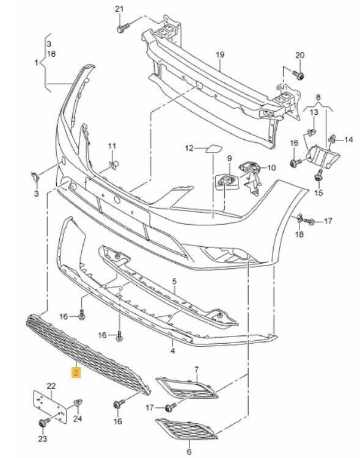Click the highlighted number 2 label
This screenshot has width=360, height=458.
76,373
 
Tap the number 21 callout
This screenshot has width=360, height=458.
119,9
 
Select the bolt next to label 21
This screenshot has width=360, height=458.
123,28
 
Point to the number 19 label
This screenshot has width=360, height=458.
220,54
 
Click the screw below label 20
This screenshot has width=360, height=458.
299,76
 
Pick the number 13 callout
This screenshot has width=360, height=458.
314,112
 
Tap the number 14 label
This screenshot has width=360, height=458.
348,140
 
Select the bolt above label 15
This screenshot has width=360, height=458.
318,176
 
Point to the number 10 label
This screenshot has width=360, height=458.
271,168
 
